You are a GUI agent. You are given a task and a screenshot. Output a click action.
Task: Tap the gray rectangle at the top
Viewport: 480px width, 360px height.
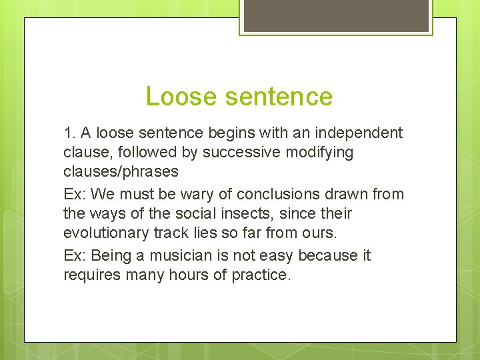click(336, 15)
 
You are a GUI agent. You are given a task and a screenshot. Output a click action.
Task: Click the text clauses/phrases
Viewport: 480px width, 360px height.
click(121, 171)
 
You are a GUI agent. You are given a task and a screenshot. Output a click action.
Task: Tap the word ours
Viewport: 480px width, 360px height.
click(323, 233)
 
